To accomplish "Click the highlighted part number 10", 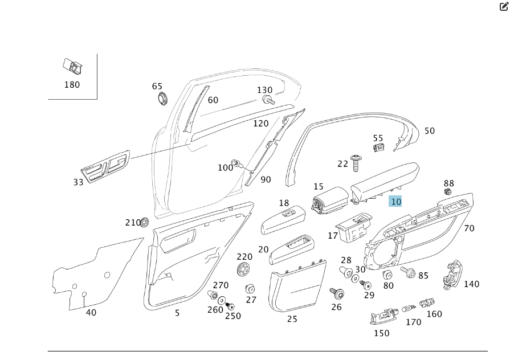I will click(395, 202).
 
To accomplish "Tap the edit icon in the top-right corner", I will click(503, 7).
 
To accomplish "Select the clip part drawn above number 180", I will click(72, 67).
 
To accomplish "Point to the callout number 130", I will click(264, 90).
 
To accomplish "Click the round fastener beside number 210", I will click(145, 221).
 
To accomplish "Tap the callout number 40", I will click(91, 312).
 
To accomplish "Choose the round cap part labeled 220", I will click(244, 271).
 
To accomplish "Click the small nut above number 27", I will click(250, 288).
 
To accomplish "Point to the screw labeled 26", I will click(336, 294).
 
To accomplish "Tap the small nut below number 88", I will click(448, 192).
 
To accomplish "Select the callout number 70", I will click(469, 228).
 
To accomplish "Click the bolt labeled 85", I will click(409, 272).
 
